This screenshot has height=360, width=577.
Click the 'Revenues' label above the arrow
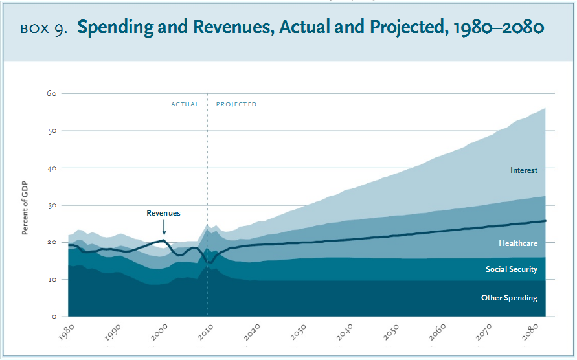(163, 213)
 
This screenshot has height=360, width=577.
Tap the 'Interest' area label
(524, 170)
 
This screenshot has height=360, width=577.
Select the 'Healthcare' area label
(518, 243)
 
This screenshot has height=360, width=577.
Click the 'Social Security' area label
(512, 269)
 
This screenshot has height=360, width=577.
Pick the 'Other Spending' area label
(509, 298)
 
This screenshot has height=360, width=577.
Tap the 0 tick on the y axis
(55, 317)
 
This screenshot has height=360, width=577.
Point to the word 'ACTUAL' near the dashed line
(185, 104)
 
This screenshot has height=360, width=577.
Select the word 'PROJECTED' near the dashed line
(236, 104)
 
